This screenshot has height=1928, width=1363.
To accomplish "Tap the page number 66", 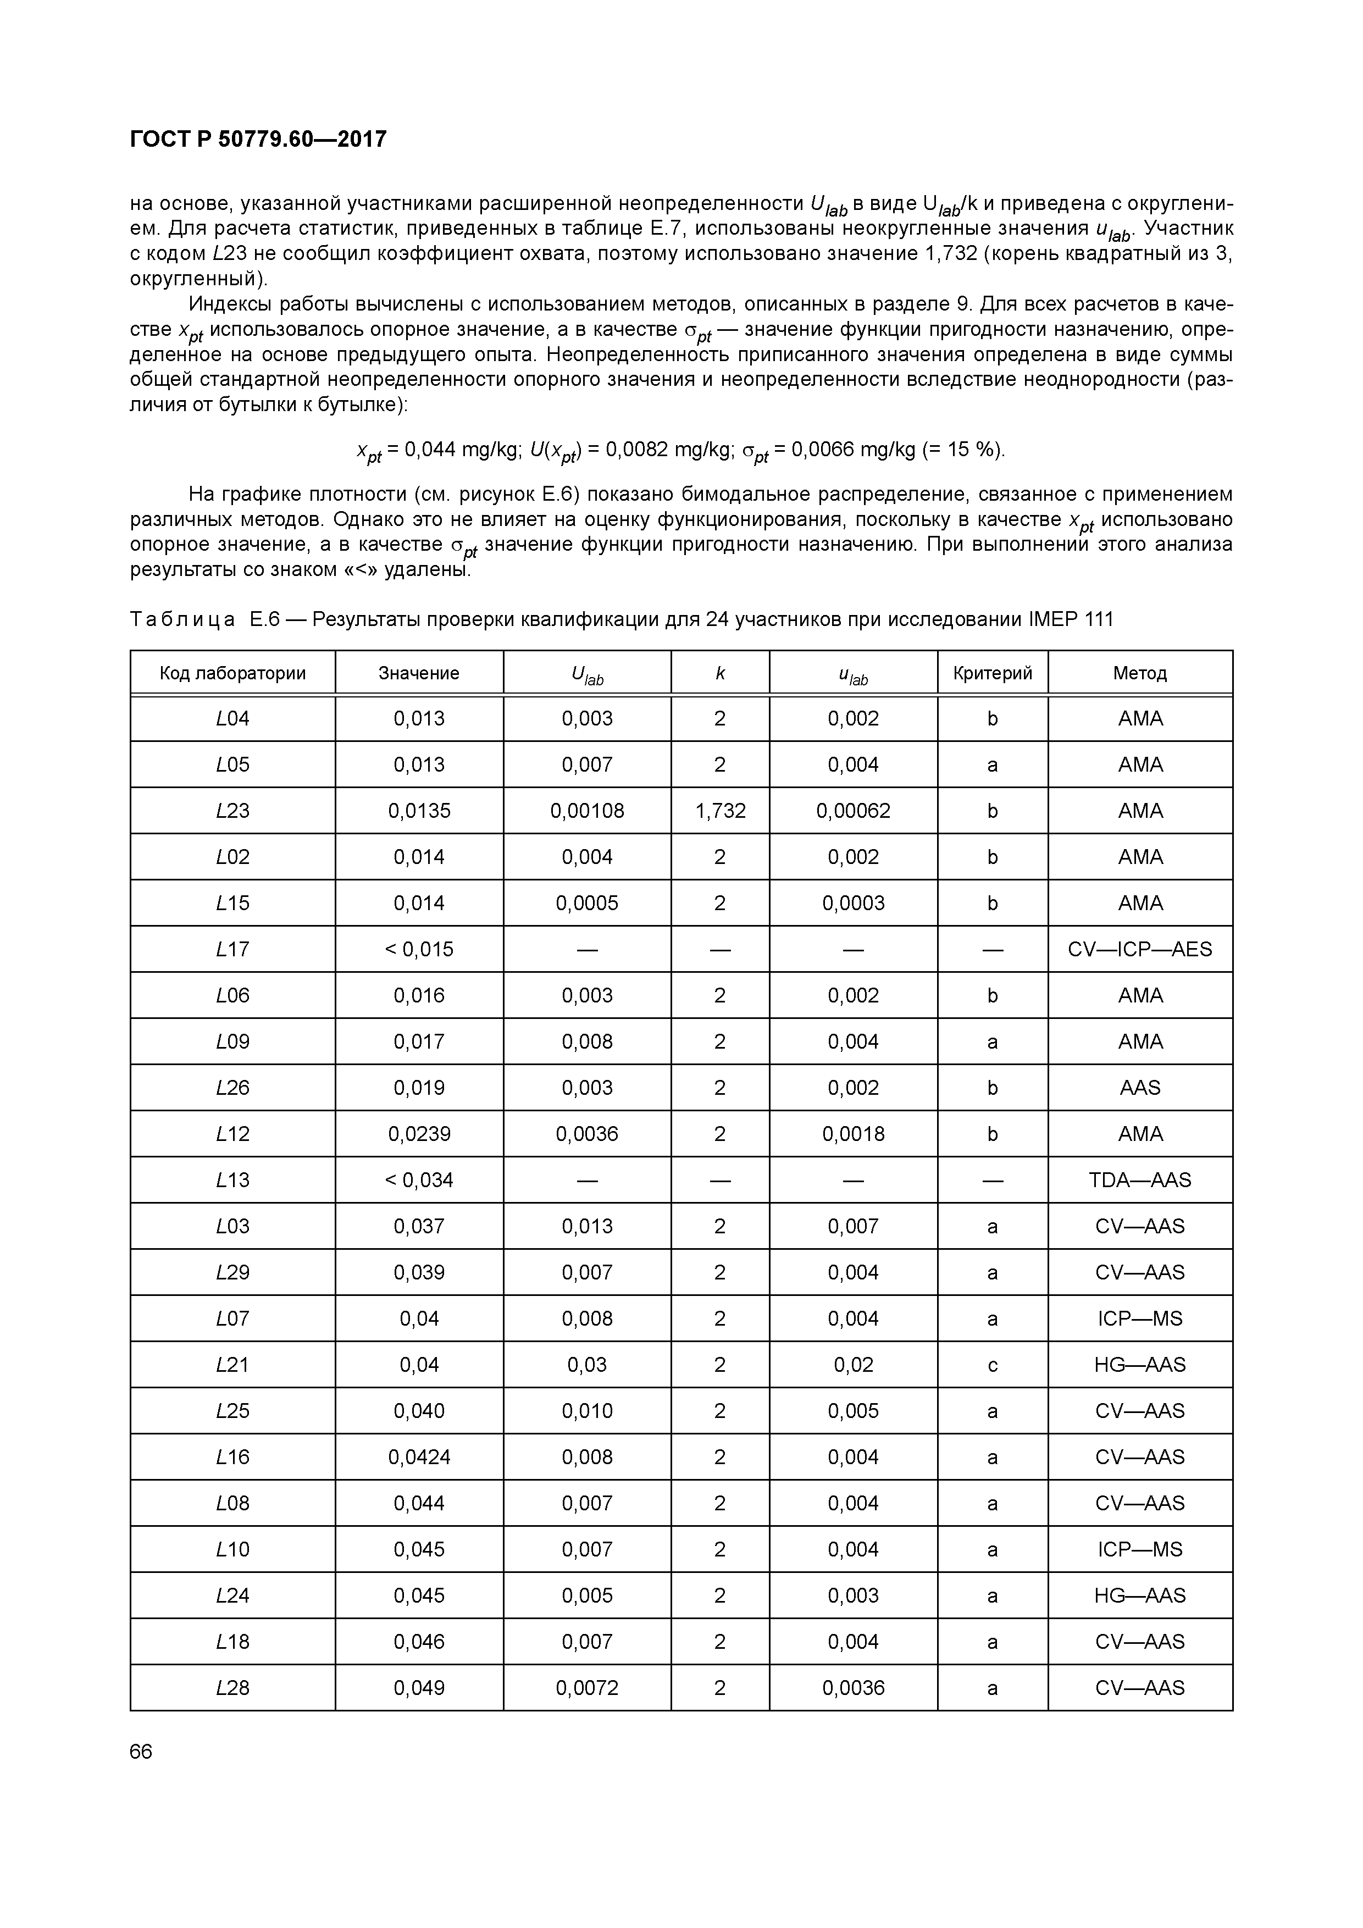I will click(141, 1752).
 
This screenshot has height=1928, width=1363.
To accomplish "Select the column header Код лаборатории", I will click(232, 673).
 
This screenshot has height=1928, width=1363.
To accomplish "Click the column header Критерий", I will click(992, 673).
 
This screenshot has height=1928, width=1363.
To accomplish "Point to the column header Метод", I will click(1140, 673).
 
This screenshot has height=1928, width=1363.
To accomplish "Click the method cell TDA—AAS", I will click(1140, 1181).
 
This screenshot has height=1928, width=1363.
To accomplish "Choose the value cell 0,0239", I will click(419, 1134).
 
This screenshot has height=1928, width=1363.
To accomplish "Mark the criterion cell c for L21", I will click(992, 1365).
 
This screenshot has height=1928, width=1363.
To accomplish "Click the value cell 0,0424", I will click(419, 1458).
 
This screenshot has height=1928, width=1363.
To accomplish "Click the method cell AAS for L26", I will click(1140, 1088).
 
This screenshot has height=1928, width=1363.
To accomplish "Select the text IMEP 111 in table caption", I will click(1070, 620).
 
